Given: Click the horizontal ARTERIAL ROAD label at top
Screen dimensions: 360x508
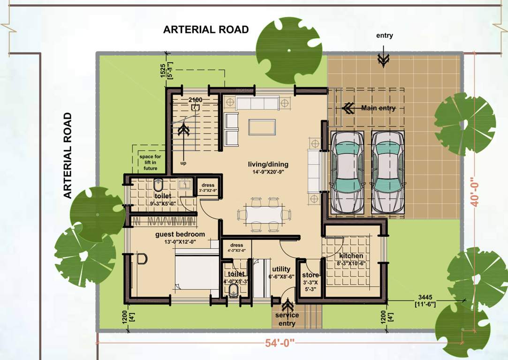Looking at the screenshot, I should click(205, 30).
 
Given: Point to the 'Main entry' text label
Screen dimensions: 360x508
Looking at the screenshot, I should click(378, 108).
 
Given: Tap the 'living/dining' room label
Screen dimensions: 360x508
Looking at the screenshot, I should click(268, 165).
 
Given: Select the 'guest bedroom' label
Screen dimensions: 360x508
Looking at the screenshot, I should click(180, 234).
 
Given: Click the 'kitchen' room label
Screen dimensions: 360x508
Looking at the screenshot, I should click(351, 256).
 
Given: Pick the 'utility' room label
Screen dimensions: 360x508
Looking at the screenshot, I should click(281, 269).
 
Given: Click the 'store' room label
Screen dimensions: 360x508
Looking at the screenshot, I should click(310, 275).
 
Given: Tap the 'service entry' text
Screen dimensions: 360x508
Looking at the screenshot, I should click(287, 319).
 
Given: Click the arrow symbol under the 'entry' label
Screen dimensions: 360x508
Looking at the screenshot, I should click(384, 58).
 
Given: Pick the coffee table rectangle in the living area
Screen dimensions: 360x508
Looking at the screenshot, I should click(262, 127).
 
